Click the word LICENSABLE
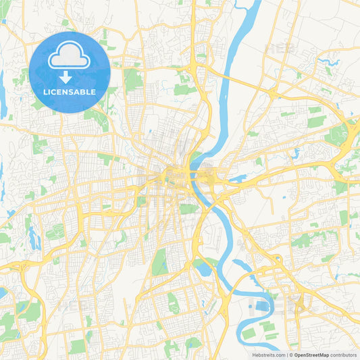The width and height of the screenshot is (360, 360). (x=70, y=92)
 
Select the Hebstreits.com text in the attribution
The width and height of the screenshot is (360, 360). (x=267, y=355)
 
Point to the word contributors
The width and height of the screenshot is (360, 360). (x=344, y=355)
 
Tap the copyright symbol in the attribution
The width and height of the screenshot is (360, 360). (x=290, y=355)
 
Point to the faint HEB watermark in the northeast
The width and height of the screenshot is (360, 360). (x=280, y=49)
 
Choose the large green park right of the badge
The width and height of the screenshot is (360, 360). (x=133, y=80)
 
